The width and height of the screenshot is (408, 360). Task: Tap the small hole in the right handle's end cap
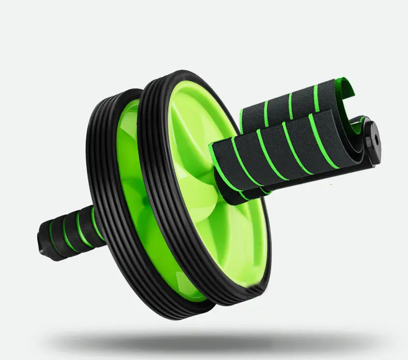click(375, 138)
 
